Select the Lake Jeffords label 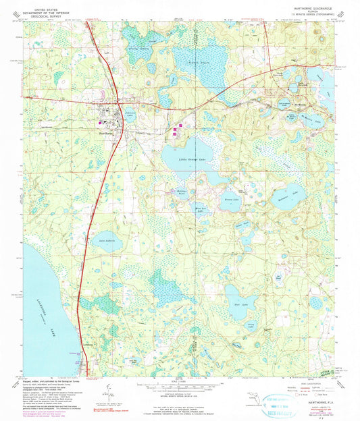pos(109,240)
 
